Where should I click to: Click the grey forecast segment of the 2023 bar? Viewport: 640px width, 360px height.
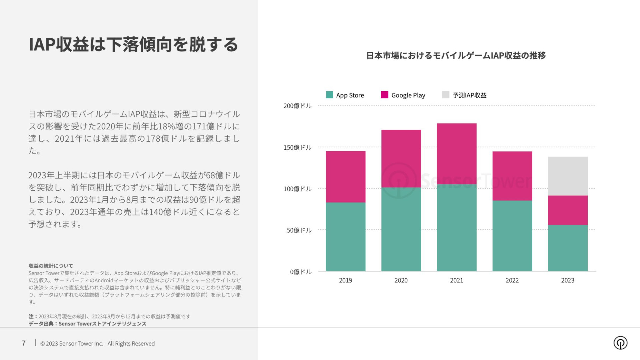[x=568, y=176]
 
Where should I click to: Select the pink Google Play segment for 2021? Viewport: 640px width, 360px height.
[x=456, y=154]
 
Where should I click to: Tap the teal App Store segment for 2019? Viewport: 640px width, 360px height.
[x=345, y=237]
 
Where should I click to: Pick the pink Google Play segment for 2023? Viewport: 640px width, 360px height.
[x=568, y=210]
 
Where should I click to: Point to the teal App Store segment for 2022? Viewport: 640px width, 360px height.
[x=512, y=236]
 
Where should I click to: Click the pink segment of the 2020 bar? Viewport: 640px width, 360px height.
[x=401, y=158]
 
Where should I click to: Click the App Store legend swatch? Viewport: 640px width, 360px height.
[x=329, y=95]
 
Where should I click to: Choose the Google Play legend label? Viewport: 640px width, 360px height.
[x=408, y=95]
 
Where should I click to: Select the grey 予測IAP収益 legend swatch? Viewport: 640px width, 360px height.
[x=446, y=95]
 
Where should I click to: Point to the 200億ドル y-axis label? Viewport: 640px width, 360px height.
[x=297, y=106]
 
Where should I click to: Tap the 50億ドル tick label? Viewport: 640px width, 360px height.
[x=299, y=230]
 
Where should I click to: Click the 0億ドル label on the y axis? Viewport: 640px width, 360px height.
[x=301, y=272]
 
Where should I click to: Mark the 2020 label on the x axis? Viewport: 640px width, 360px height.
[x=401, y=280]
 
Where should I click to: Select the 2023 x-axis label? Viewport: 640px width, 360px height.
[x=568, y=280]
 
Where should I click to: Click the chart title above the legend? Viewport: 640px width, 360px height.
[x=456, y=56]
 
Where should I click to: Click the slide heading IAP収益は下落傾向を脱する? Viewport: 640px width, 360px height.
[x=133, y=45]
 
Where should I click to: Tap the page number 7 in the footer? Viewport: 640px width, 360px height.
[x=24, y=343]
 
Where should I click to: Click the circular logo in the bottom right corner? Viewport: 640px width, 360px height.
[x=620, y=343]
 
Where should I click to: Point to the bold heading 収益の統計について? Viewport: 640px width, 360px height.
[x=51, y=266]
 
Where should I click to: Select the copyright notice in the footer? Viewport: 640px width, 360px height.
[x=97, y=344]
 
